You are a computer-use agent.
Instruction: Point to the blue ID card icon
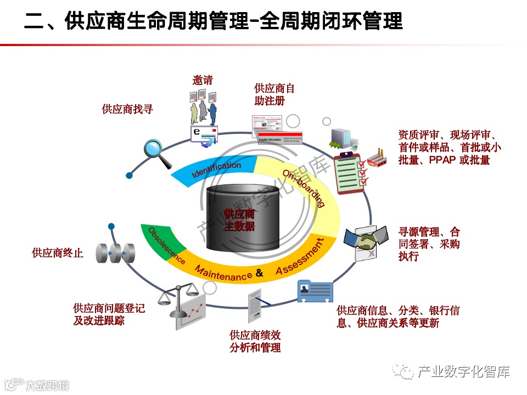(x=315, y=291)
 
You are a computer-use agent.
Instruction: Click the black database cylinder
(x=239, y=215)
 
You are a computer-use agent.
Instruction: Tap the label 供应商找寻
(x=127, y=109)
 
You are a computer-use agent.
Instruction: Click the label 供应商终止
(x=58, y=253)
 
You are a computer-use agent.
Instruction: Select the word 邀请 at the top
(x=203, y=80)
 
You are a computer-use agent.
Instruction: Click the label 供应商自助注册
(x=274, y=94)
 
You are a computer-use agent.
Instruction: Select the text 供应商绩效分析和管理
(x=255, y=341)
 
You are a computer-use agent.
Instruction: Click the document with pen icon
(x=257, y=305)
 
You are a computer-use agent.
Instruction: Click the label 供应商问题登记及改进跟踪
(x=109, y=314)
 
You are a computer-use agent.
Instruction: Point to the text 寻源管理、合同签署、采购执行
(x=429, y=244)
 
